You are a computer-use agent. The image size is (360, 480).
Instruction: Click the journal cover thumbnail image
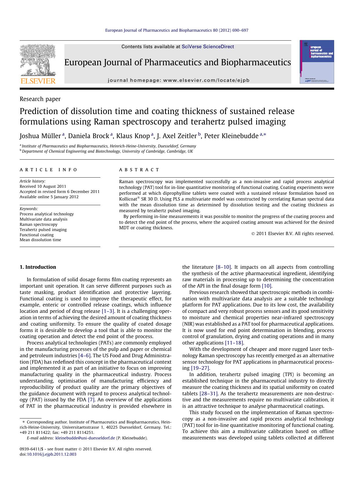[x=317, y=62]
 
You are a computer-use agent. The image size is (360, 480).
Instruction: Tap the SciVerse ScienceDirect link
[x=208, y=47]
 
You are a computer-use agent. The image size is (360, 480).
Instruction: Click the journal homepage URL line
[x=178, y=80]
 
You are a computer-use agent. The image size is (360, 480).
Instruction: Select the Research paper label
[x=40, y=99]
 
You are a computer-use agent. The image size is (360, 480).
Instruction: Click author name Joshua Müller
[x=40, y=136]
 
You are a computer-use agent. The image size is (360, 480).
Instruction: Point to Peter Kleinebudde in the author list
[x=231, y=136]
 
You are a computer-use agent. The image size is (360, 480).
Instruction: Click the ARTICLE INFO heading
[x=48, y=170]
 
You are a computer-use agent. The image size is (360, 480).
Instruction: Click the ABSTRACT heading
[x=139, y=170]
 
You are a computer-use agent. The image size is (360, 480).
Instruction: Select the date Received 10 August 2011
[x=43, y=186]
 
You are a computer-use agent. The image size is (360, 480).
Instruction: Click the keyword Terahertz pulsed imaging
[x=43, y=230]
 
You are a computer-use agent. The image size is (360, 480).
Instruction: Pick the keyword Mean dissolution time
[x=40, y=240]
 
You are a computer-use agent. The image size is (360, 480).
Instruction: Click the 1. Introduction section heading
[x=38, y=267]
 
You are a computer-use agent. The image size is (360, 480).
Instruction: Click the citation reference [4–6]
[x=85, y=356]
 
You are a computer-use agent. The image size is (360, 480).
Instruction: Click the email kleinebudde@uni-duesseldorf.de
[x=85, y=438]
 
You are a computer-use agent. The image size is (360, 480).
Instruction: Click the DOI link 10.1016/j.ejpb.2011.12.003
[x=52, y=454]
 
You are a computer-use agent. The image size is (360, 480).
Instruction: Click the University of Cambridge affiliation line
[x=107, y=151]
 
